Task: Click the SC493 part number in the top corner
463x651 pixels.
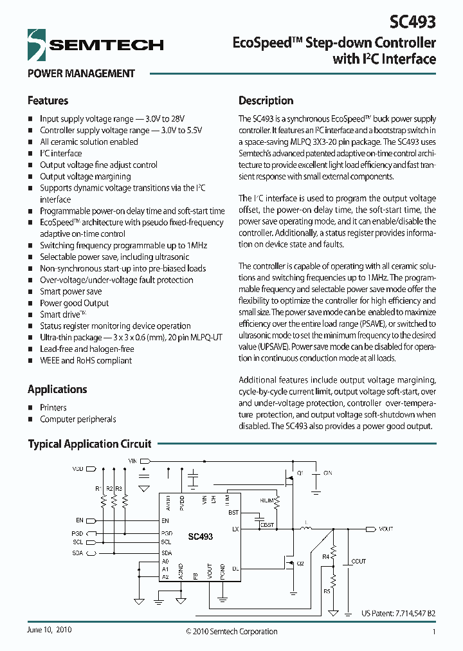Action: click(413, 22)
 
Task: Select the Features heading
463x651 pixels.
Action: click(48, 101)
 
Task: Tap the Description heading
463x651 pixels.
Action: click(266, 101)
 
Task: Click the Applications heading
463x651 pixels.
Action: click(57, 389)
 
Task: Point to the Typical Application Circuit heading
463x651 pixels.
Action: click(89, 444)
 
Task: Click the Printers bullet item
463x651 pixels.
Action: click(53, 407)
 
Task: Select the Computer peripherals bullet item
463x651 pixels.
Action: click(78, 419)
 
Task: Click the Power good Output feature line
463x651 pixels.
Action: click(75, 303)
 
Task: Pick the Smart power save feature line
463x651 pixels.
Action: click(71, 291)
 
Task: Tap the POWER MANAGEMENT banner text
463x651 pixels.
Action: click(81, 73)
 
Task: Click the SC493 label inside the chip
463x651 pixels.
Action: click(200, 536)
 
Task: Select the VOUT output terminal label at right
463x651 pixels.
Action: click(386, 529)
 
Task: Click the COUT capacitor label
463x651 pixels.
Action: click(358, 562)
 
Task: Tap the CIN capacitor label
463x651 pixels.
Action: click(327, 473)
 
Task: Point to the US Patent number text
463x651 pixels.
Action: click(398, 613)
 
